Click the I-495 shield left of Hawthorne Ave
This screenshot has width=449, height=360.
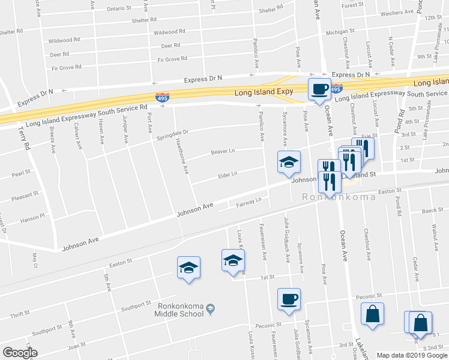click(x=162, y=97)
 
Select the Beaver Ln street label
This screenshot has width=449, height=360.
click(x=222, y=152)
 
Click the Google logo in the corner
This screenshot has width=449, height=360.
click(x=20, y=353)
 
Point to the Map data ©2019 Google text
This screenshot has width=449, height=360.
click(x=412, y=355)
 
